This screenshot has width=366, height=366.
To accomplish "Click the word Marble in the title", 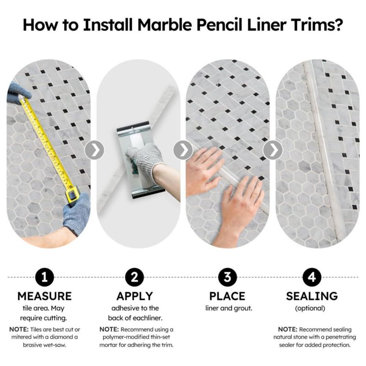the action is [165, 24].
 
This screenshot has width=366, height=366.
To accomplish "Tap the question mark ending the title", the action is [338, 24].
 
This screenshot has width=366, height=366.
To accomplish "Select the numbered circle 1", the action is [44, 277].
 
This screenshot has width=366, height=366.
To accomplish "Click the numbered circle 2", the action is [135, 277].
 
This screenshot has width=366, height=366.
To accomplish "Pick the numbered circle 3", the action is [227, 277].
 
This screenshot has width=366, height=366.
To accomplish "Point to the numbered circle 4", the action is [312, 277].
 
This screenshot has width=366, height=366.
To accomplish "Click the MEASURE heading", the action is [44, 296].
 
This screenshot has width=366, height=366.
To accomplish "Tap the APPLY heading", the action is [135, 296].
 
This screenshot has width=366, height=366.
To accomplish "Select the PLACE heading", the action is [227, 296].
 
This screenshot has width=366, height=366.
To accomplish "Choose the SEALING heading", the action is [312, 296].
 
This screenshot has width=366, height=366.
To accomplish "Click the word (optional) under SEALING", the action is [310, 308].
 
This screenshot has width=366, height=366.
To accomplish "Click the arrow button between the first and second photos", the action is [94, 150].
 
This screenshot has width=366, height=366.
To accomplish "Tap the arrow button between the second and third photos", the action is [183, 150].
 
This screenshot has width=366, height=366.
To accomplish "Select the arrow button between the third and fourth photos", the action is [273, 150].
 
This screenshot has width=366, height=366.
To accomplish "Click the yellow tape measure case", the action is [72, 194].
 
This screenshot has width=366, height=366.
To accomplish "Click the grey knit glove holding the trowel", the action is [145, 157].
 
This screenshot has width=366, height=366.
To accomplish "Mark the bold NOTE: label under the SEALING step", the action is [288, 329].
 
